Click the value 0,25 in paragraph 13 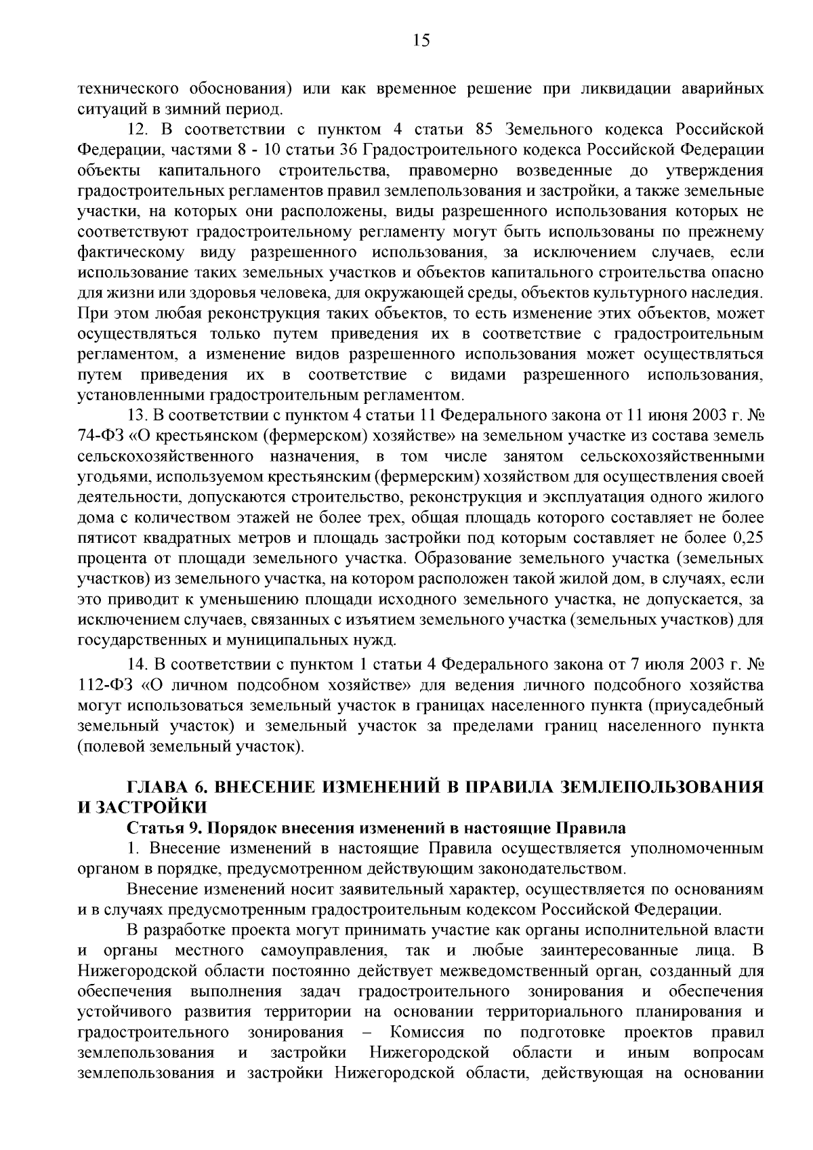pos(749,539)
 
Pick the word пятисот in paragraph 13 pos(108,539)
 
